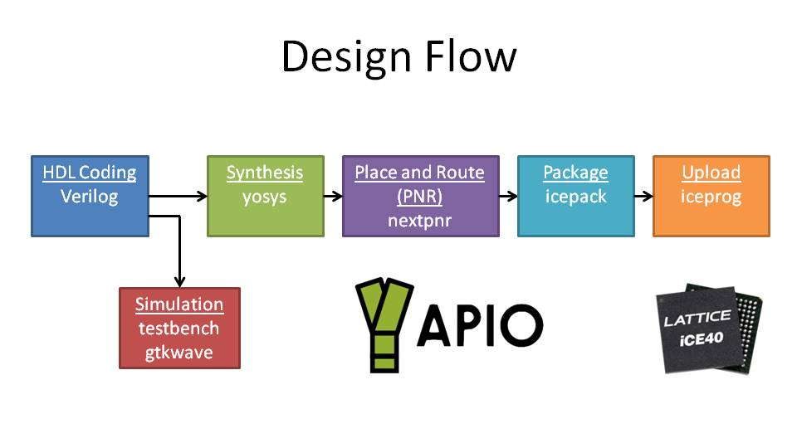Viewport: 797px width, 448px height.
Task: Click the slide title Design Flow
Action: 398,57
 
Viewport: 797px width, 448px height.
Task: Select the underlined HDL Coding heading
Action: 90,173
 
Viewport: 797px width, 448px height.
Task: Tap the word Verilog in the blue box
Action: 90,197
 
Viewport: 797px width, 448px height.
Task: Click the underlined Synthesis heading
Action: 265,173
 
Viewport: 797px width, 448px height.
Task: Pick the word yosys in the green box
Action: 265,197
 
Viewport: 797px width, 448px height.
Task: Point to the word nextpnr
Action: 420,221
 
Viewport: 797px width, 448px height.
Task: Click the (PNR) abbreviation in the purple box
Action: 420,197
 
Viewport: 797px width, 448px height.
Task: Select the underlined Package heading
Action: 575,173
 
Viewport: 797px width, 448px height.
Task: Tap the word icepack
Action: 575,197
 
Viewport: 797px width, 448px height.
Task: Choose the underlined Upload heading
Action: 711,173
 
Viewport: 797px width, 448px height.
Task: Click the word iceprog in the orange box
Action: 711,197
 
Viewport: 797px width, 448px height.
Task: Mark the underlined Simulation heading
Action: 179,304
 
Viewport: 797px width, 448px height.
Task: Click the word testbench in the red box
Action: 179,329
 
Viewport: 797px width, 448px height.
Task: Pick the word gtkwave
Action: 179,353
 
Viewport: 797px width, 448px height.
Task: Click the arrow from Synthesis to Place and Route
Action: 333,197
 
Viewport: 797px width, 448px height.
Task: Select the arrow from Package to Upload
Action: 643,197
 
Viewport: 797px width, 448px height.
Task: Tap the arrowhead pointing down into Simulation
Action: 179,281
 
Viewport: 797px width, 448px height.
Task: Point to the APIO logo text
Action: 480,325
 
